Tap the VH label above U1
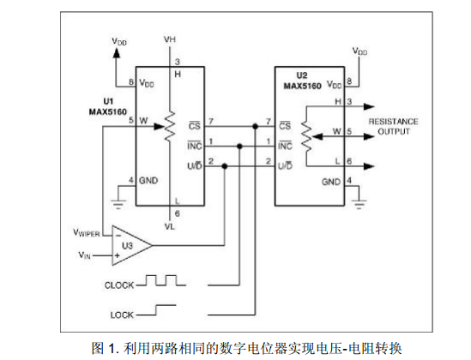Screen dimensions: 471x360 [170, 39]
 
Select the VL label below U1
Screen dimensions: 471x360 [169, 226]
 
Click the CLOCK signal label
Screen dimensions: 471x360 [119, 285]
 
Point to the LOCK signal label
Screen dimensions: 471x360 [122, 315]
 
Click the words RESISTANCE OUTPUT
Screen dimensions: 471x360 [394, 126]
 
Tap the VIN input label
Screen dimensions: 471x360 [84, 255]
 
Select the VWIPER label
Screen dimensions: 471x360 [87, 233]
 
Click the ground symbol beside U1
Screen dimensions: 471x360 [118, 203]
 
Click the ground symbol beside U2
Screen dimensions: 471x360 [359, 203]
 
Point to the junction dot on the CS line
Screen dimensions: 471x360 [255, 126]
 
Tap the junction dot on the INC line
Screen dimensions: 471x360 [239, 146]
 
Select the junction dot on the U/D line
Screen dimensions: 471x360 [225, 166]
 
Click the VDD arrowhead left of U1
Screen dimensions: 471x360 [116, 52]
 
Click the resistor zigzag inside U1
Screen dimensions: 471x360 [170, 126]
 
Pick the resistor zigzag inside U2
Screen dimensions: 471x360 [306, 136]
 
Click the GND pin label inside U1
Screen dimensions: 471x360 [148, 181]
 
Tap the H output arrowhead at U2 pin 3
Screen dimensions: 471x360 [369, 106]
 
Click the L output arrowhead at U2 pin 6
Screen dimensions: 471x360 [369, 166]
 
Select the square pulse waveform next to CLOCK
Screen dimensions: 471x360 [161, 280]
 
